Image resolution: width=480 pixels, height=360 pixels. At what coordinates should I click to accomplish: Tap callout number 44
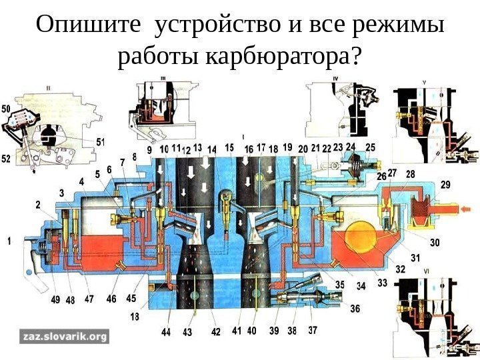pyautogui.click(x=165, y=331)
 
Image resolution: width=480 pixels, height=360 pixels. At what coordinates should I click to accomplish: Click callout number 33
pyautogui.click(x=382, y=283)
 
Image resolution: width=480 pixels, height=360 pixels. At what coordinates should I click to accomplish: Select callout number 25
pyautogui.click(x=371, y=147)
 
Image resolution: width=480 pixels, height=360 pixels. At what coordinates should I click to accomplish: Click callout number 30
pyautogui.click(x=435, y=243)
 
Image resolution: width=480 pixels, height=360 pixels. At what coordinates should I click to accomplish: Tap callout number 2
pyautogui.click(x=39, y=205)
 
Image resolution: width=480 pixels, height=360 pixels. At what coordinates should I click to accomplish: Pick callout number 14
pyautogui.click(x=212, y=149)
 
